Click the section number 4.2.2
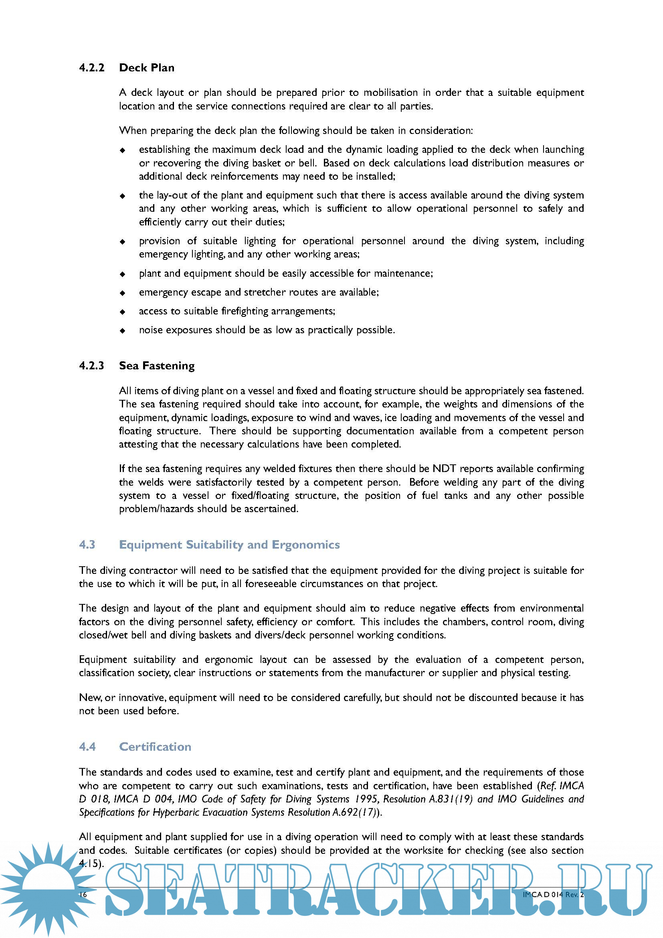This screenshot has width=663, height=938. (x=91, y=68)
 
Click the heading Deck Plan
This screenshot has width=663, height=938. (x=147, y=68)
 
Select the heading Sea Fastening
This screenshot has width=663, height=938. (x=157, y=366)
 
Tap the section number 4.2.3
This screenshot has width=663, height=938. (x=91, y=366)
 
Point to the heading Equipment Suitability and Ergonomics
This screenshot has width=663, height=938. (x=229, y=545)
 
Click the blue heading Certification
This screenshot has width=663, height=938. (x=155, y=746)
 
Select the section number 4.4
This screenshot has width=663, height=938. (x=87, y=746)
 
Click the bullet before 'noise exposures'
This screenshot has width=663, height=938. (x=123, y=330)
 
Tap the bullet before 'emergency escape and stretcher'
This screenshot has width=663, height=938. (x=123, y=293)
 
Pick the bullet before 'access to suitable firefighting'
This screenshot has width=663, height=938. (x=123, y=312)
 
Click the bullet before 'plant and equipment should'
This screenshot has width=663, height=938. (x=123, y=274)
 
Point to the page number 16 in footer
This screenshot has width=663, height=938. (x=83, y=894)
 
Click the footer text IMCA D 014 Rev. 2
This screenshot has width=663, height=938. (x=553, y=894)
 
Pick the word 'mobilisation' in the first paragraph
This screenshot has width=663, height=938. (x=391, y=93)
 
